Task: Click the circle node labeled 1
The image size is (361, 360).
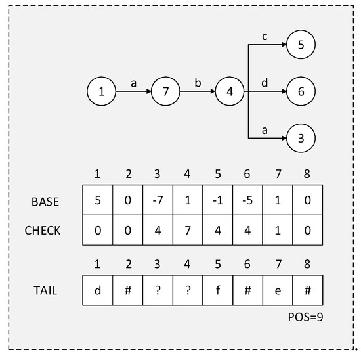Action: [102, 92]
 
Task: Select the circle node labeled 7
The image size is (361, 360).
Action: [166, 92]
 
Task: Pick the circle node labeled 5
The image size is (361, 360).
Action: [301, 45]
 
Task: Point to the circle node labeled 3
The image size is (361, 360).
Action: [301, 139]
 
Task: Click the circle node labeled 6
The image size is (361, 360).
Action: [301, 92]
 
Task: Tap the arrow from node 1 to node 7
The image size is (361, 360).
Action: [133, 92]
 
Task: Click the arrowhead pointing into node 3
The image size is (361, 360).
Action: [284, 139]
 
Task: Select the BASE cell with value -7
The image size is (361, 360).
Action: [157, 202]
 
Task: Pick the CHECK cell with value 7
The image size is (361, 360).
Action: [187, 231]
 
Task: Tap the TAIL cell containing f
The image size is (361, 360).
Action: [217, 290]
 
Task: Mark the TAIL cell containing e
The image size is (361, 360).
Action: [278, 290]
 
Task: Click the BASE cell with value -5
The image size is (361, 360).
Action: [247, 202]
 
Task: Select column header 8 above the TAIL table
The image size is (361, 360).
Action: [308, 265]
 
